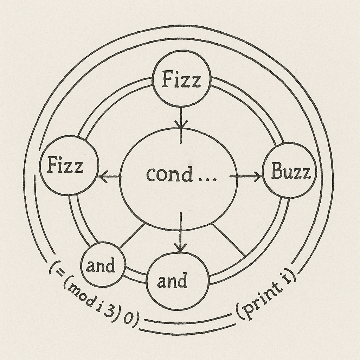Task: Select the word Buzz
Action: [x=291, y=172]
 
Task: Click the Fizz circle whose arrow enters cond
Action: [x=181, y=79]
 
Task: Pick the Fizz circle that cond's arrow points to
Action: [x=68, y=165]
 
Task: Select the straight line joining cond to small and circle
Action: [x=132, y=235]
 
